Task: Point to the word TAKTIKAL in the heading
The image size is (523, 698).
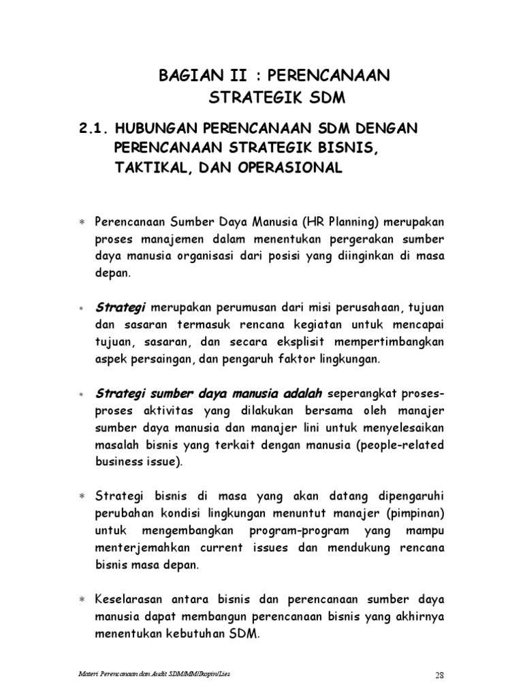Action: [x=143, y=168]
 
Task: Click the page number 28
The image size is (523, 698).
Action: [x=439, y=676]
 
